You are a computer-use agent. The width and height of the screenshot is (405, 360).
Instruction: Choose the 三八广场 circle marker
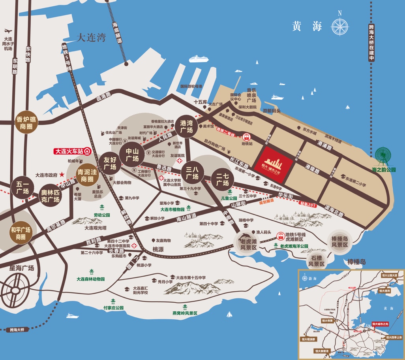pyautogui.click(x=192, y=173)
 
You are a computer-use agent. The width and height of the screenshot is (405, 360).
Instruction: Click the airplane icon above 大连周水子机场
pyautogui.click(x=8, y=30)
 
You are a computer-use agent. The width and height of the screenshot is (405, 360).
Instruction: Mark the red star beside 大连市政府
pyautogui.click(x=62, y=174)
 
